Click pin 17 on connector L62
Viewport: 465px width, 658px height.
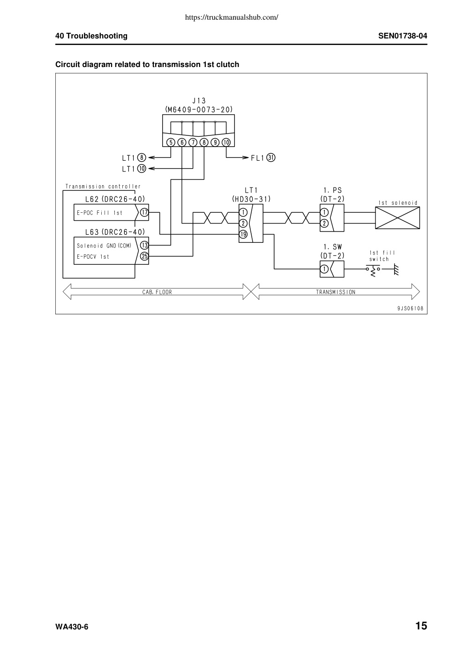coord(144,212)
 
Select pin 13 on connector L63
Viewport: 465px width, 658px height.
coord(144,245)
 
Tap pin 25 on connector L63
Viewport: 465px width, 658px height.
coord(144,256)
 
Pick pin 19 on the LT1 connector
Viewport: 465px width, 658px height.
coord(243,234)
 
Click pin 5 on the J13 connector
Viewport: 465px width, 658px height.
coord(171,142)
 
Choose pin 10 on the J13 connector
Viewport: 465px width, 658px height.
coord(226,142)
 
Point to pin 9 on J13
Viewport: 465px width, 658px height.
coord(215,142)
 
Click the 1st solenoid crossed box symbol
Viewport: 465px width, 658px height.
coord(397,217)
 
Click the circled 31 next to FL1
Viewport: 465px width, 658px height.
coord(271,158)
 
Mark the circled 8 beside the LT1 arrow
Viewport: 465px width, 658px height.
coord(142,158)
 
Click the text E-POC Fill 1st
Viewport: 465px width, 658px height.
coord(99,213)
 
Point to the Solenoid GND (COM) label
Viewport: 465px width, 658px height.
coord(104,246)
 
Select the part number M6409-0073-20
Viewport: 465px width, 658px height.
coord(199,110)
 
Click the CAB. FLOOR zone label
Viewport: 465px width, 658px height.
coord(157,292)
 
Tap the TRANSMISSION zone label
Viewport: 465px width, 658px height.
coord(336,292)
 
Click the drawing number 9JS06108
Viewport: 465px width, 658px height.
coord(410,308)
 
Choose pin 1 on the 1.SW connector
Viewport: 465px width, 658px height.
coord(324,269)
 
